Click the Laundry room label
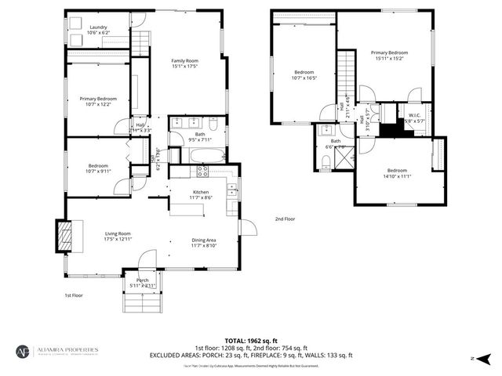(x=99, y=27)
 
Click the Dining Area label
(x=203, y=240)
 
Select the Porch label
(x=143, y=280)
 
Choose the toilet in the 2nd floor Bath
(x=326, y=161)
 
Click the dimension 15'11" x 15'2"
(x=389, y=59)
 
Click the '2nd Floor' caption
(x=285, y=219)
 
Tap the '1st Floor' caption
(x=75, y=295)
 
